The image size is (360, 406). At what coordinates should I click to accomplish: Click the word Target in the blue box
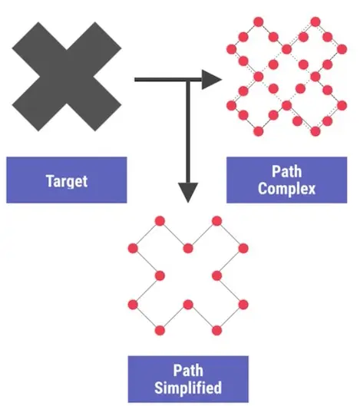click(66, 181)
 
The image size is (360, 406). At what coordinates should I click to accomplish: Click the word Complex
click(286, 189)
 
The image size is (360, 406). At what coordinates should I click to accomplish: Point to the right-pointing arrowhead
click(211, 78)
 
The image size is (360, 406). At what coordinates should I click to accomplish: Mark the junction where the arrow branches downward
click(188, 78)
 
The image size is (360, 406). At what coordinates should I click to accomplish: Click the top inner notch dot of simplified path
click(189, 248)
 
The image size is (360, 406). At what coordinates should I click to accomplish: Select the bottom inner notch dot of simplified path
click(189, 303)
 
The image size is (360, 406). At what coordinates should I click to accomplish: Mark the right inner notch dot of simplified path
click(216, 276)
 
